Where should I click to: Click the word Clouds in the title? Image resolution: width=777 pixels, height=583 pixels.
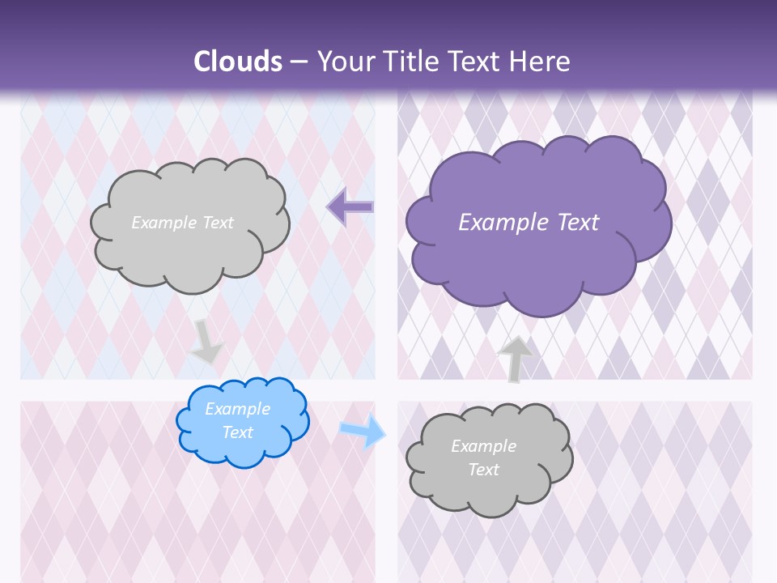pyautogui.click(x=238, y=62)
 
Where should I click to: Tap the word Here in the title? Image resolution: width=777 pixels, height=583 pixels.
pyautogui.click(x=541, y=62)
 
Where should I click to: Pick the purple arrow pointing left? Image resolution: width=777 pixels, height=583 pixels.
pyautogui.click(x=350, y=207)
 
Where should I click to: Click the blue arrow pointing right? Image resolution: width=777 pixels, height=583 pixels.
pyautogui.click(x=362, y=431)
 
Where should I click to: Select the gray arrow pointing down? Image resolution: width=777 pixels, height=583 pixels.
pyautogui.click(x=206, y=341)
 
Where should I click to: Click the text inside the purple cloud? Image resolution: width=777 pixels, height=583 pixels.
pyautogui.click(x=529, y=223)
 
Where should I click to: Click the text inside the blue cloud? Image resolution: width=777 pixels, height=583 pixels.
pyautogui.click(x=238, y=420)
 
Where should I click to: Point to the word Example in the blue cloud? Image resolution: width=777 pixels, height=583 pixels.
pyautogui.click(x=238, y=409)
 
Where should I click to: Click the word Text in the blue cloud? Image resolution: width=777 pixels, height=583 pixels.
pyautogui.click(x=238, y=432)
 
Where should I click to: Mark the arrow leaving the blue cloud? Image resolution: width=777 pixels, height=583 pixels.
pyautogui.click(x=362, y=431)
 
